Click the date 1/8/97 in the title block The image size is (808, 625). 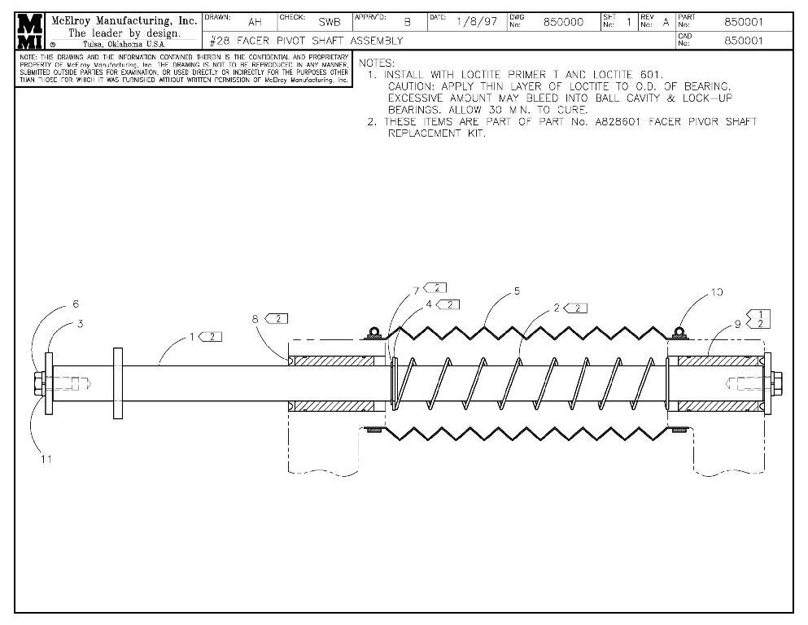[x=476, y=22]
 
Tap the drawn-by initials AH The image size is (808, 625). [x=255, y=23]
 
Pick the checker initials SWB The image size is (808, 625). [x=329, y=23]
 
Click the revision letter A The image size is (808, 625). [x=666, y=22]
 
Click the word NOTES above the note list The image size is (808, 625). [x=377, y=63]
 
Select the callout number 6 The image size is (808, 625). [x=76, y=304]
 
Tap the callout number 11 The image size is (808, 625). [x=46, y=459]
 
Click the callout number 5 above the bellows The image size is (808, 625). [x=517, y=291]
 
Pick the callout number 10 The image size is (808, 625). [x=717, y=292]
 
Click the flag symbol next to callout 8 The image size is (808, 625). [x=277, y=318]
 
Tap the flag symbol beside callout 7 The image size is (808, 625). [x=435, y=288]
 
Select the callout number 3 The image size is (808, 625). [x=81, y=323]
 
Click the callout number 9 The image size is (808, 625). [x=738, y=323]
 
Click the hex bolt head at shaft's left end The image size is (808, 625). [x=39, y=383]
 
